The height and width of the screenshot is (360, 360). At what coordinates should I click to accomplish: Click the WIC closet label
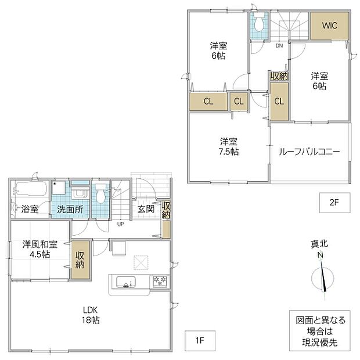click(x=329, y=25)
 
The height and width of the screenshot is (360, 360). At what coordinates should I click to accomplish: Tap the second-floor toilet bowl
click(x=259, y=23)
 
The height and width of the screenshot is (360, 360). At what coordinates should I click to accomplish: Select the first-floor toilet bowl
click(x=100, y=195)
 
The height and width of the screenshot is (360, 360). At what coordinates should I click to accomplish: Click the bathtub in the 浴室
click(x=31, y=188)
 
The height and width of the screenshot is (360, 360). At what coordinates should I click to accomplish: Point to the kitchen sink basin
click(x=126, y=282)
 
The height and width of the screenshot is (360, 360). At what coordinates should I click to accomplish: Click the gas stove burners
click(x=160, y=281)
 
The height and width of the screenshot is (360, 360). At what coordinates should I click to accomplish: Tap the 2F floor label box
click(x=334, y=203)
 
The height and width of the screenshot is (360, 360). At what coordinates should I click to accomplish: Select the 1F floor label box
click(x=200, y=341)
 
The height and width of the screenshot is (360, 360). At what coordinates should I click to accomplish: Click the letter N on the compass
click(x=320, y=255)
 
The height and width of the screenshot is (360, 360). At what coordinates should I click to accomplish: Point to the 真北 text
click(x=319, y=244)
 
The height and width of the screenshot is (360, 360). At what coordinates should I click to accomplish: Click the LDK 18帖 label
click(x=91, y=315)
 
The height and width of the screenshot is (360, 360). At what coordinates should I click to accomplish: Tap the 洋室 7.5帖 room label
click(x=229, y=147)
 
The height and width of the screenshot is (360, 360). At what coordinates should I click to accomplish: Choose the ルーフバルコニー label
click(x=309, y=152)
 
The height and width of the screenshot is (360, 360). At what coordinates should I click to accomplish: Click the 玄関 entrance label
click(x=146, y=209)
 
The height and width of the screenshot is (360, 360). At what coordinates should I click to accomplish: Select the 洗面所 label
click(x=70, y=210)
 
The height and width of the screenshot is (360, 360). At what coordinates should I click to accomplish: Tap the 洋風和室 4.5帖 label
click(x=39, y=250)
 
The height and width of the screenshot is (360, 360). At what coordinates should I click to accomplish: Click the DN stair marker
click(x=279, y=46)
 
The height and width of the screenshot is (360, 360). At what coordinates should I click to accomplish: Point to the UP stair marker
click(x=121, y=224)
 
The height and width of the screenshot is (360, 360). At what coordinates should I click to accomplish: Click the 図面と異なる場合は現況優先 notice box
click(x=320, y=330)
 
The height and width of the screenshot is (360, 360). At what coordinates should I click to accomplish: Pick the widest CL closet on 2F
click(x=208, y=102)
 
